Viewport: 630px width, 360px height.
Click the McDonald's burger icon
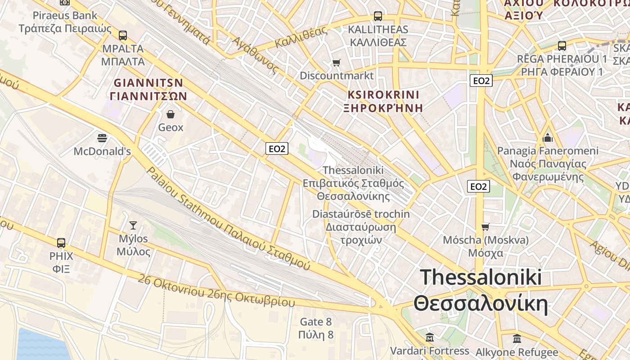coord(102,137)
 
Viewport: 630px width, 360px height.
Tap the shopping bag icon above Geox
coord(171,114)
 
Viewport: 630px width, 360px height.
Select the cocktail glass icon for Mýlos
coord(133,225)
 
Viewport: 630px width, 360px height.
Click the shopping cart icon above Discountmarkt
coord(337,63)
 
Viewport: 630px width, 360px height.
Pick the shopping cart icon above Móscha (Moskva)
coord(485,226)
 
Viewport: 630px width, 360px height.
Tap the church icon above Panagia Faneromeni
coord(548,137)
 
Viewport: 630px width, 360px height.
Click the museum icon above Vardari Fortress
coord(430,337)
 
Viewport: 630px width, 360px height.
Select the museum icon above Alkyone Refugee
coord(517,338)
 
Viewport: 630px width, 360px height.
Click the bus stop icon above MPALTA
coord(123,35)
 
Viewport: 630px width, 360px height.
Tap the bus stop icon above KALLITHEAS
coord(378,16)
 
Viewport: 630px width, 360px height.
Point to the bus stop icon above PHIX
coord(61,243)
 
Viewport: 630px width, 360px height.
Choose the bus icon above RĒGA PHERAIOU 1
coord(562,45)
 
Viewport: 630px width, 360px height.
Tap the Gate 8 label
coord(316,322)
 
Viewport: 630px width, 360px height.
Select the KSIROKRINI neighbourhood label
coord(383,95)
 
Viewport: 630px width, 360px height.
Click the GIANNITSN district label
coord(148,83)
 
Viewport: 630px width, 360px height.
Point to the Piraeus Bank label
coord(65,16)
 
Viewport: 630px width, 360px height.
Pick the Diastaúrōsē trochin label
coord(361,214)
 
